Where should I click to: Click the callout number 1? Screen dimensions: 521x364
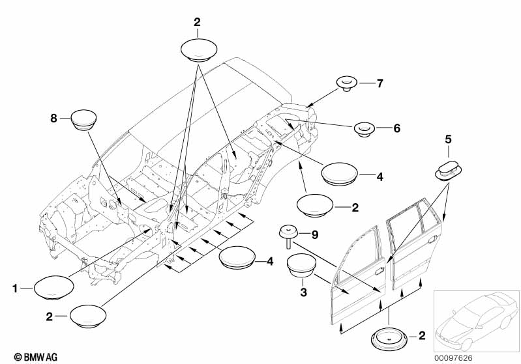point(14,288)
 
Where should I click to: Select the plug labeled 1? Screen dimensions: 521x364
point(53,288)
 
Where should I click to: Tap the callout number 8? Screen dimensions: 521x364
point(53,118)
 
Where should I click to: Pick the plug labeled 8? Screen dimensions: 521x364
point(84,120)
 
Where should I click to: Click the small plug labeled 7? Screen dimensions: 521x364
point(347,83)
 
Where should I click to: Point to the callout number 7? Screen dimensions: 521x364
point(380,83)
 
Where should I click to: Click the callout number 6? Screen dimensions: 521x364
point(396,128)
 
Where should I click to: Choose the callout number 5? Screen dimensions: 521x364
point(448,140)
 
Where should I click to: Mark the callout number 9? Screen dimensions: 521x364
point(315,235)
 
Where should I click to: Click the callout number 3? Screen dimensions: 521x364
point(303,292)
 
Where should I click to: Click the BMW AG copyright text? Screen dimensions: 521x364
point(36,357)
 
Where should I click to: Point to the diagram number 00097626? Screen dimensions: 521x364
point(453,358)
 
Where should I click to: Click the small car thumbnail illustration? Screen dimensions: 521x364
point(476,321)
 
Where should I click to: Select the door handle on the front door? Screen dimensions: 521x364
point(379,271)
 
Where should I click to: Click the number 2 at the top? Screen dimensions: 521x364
point(197,22)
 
